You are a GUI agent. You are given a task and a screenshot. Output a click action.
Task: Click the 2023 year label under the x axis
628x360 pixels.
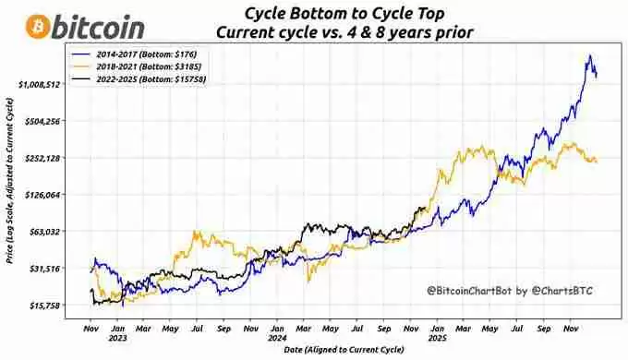[x=119, y=337]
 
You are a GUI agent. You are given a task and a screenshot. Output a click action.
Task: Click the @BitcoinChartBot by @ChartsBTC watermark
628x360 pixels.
[x=509, y=291]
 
